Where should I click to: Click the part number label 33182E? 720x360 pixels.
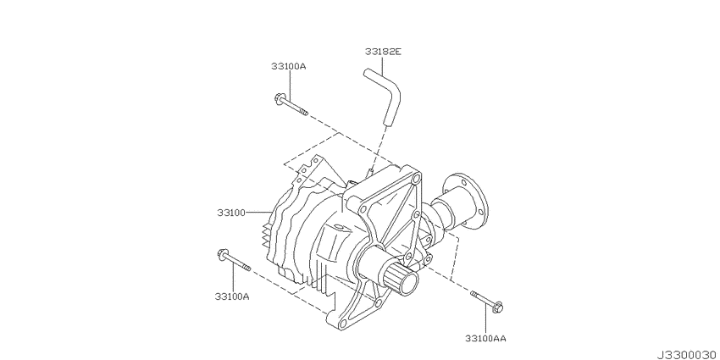click(x=383, y=52)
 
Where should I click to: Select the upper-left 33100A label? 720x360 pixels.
click(x=288, y=66)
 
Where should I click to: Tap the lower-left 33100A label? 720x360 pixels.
click(x=232, y=296)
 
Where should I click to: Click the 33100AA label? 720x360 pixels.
click(x=485, y=339)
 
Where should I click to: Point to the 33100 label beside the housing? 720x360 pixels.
click(x=231, y=213)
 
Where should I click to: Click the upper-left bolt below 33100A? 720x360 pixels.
click(x=291, y=105)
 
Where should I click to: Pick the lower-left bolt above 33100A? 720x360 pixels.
click(x=234, y=260)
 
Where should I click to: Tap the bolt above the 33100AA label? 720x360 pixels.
click(x=487, y=301)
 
